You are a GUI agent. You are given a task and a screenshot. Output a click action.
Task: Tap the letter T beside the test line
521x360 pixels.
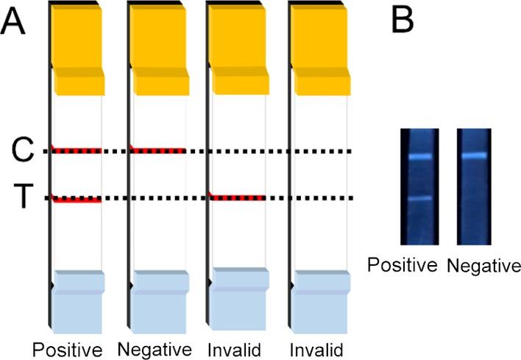25,197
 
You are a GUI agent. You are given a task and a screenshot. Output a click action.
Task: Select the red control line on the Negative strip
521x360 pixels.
156,150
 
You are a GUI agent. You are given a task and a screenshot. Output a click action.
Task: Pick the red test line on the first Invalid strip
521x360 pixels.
237,197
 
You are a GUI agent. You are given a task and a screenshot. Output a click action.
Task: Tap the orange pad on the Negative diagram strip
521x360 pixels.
157,52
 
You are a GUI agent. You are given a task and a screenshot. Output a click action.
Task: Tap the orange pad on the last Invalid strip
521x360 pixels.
320,52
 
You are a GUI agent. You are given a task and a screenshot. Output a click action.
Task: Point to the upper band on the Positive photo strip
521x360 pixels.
419,157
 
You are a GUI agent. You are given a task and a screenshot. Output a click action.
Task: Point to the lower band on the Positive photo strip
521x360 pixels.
419,198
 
